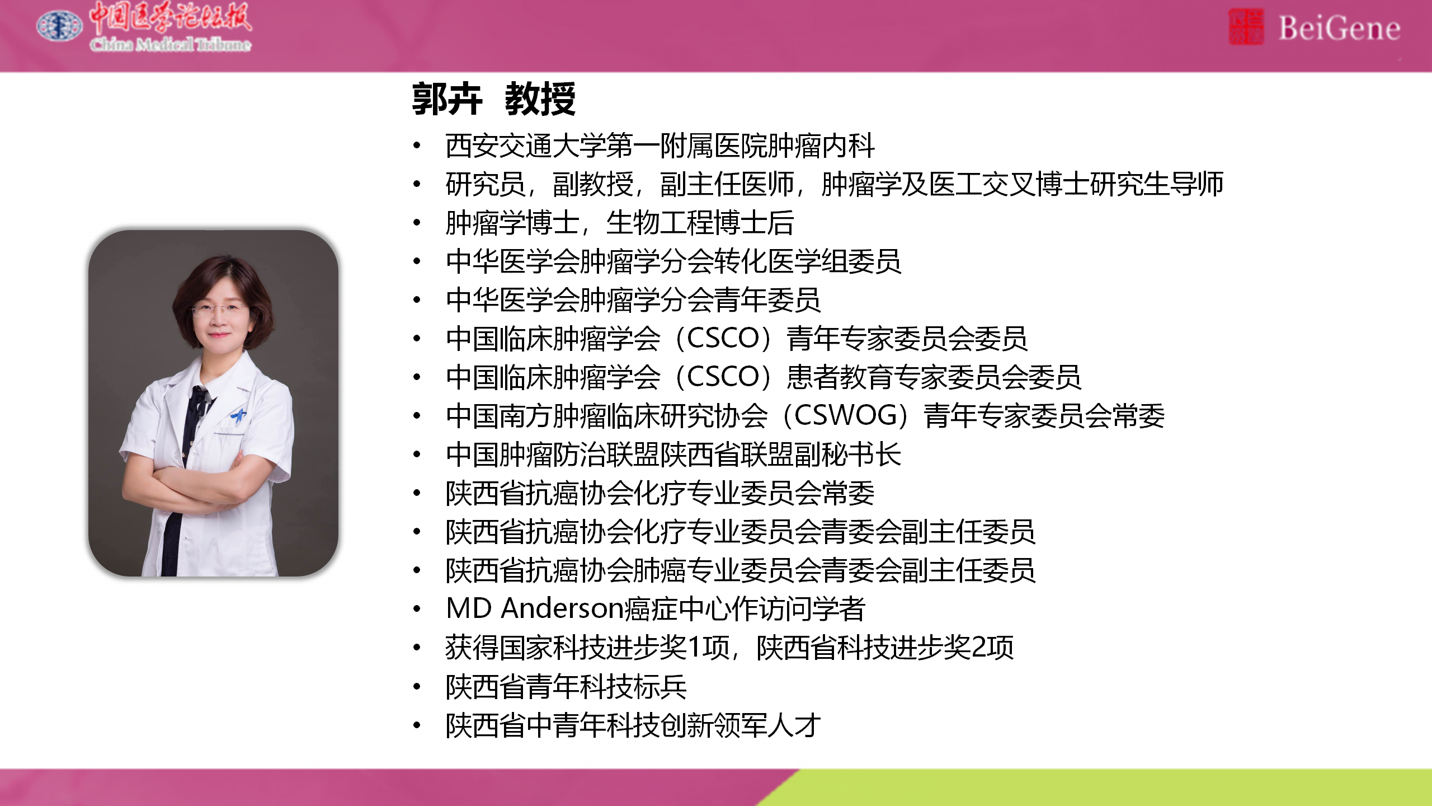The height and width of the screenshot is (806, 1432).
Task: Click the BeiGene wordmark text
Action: click(1339, 28)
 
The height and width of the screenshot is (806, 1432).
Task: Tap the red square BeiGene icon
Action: click(1246, 27)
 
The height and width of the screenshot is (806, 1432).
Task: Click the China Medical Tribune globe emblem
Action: click(59, 26)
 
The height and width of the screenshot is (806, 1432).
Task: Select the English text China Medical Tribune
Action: click(171, 44)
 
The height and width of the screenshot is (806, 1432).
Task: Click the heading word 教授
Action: click(540, 99)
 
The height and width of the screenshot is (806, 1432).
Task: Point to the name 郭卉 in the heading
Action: click(447, 99)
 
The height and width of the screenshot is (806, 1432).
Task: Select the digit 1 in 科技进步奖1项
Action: click(695, 647)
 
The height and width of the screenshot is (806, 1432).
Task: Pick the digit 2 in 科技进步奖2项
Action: click(979, 647)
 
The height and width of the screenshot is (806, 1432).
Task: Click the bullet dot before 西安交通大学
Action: click(417, 146)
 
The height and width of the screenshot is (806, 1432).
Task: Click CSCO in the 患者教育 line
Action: click(723, 377)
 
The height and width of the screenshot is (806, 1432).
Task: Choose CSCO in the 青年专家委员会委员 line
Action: click(723, 338)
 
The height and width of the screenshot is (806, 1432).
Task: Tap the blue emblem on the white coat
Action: click(239, 415)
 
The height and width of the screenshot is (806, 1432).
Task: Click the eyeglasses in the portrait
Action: click(219, 308)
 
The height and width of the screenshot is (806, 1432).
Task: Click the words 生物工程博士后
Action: click(700, 223)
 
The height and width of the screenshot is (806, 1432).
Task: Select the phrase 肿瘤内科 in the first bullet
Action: click(821, 146)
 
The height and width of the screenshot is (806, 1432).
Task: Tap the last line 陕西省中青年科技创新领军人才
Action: click(633, 725)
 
